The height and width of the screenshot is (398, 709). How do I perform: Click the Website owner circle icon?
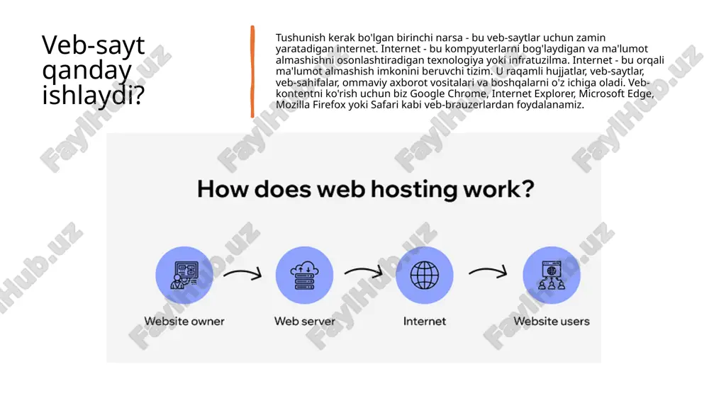tap(184, 275)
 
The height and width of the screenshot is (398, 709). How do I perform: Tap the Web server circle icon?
tap(304, 275)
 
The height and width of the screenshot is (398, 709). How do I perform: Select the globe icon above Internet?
tap(424, 275)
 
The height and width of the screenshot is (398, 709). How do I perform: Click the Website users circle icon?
tap(552, 275)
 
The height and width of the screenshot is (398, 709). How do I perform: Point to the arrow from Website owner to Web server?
tap(242, 273)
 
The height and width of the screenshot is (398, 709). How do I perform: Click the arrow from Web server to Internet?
tap(364, 272)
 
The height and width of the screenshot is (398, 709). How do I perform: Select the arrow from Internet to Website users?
tap(488, 272)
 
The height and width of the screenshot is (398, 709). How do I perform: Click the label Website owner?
tap(184, 322)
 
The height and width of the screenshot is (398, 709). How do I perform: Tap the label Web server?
tap(305, 322)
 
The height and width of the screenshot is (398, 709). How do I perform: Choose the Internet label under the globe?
tap(425, 322)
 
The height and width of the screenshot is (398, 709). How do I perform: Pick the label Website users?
tap(552, 322)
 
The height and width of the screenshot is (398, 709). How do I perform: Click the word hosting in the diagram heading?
tap(413, 190)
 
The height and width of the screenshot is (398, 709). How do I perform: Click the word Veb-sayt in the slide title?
tap(93, 45)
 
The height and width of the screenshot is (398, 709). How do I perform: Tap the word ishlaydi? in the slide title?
tap(93, 95)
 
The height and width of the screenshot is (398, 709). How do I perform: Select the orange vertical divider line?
tap(252, 72)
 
